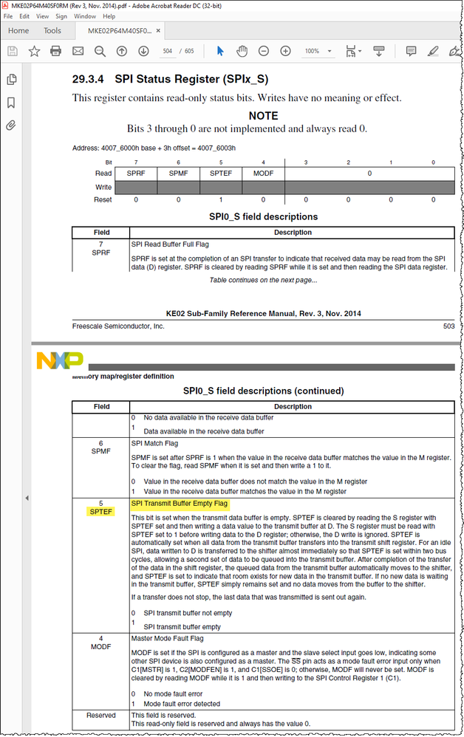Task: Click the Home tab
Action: [18, 30]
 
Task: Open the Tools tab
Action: [52, 30]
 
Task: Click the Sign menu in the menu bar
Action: [61, 16]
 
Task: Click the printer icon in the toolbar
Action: [55, 51]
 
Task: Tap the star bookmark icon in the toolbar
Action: [34, 51]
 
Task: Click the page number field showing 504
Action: [168, 51]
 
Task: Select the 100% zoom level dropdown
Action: [315, 51]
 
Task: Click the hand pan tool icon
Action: [242, 51]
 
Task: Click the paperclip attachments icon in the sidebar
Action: [11, 126]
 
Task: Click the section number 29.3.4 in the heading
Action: [89, 80]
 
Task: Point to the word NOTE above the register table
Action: [263, 116]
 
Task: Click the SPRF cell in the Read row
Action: [135, 174]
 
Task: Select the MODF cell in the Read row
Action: [263, 174]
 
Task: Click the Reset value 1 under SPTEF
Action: [220, 199]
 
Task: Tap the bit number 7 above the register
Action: [135, 162]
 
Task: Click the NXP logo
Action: [59, 361]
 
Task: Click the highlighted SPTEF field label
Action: [101, 512]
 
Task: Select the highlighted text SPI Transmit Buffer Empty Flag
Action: [180, 504]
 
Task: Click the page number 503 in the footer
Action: [448, 326]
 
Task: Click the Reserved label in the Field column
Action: [101, 715]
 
